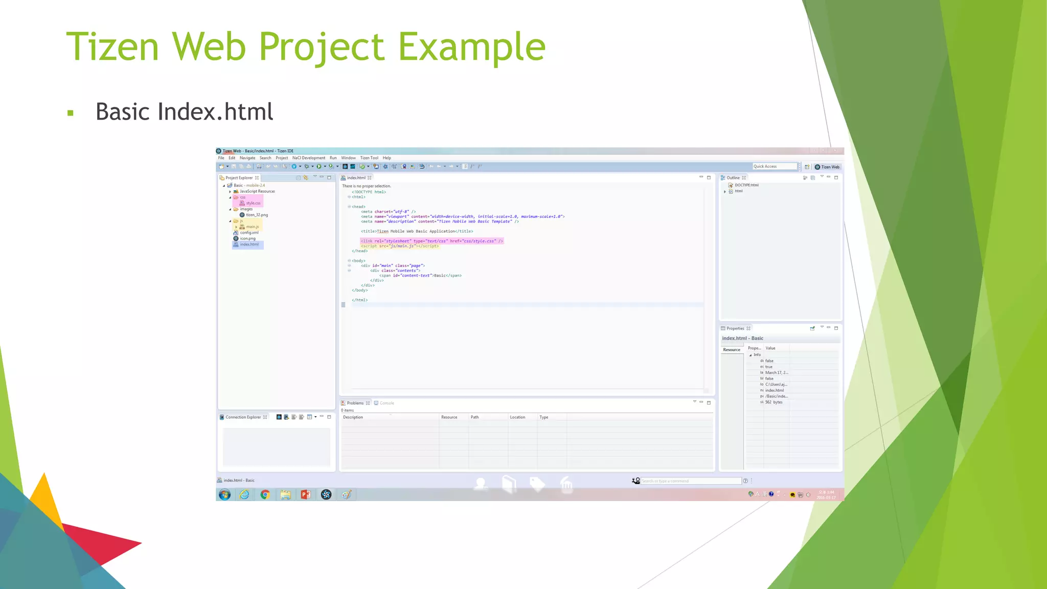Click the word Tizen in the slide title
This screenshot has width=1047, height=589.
(x=113, y=47)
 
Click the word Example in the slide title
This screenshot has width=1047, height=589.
(x=471, y=47)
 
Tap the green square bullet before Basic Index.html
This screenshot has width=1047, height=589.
(x=71, y=113)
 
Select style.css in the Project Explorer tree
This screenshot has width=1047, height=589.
(x=253, y=203)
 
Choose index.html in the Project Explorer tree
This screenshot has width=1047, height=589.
(x=249, y=244)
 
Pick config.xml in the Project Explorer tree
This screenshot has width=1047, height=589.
(x=249, y=233)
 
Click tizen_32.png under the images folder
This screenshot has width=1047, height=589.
(x=257, y=215)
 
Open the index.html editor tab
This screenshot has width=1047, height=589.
(x=356, y=178)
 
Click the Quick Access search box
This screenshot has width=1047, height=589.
(x=774, y=166)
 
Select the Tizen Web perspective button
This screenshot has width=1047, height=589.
(x=827, y=167)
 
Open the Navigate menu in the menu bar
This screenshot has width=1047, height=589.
(x=247, y=158)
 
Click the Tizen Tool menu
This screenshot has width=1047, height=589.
(x=369, y=158)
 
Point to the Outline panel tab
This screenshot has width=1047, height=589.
(x=733, y=178)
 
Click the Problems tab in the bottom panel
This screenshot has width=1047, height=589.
(x=355, y=403)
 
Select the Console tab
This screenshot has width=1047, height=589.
(x=386, y=403)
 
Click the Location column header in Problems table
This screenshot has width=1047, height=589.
(x=517, y=417)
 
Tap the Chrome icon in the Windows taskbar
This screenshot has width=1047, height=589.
(x=265, y=494)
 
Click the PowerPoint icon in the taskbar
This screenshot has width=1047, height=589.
(x=306, y=494)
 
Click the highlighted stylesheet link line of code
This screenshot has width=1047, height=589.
(x=431, y=241)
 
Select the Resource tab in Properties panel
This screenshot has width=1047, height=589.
(x=732, y=350)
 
